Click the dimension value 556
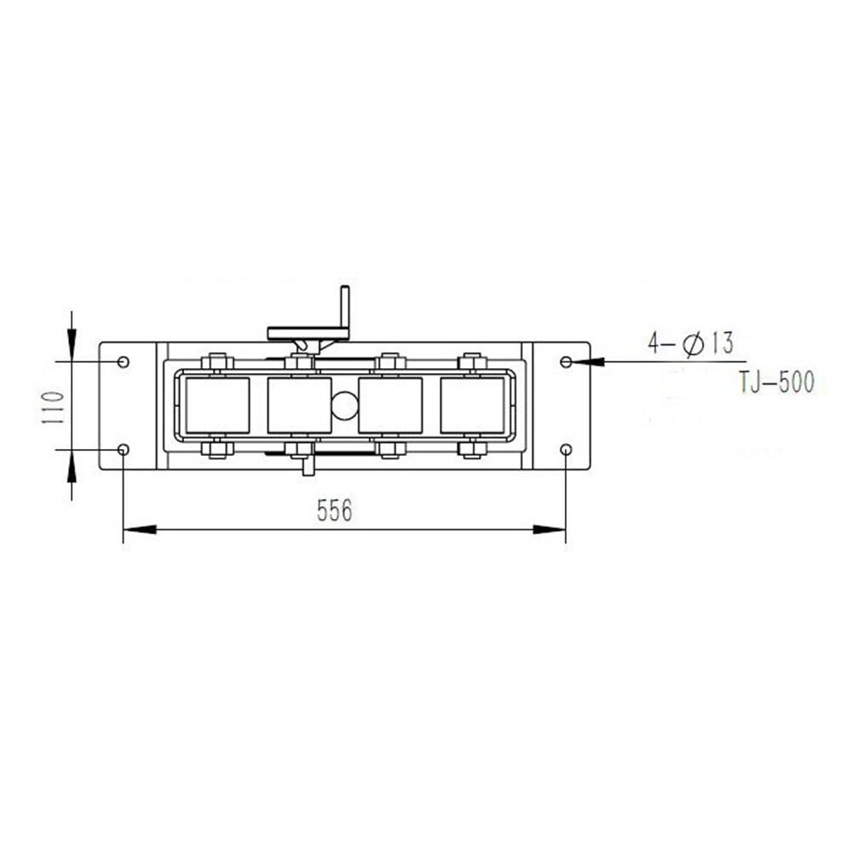click(x=334, y=510)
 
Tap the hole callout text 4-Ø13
click(x=690, y=344)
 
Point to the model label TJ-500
click(x=776, y=383)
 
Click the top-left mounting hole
click(x=124, y=362)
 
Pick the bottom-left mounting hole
click(x=124, y=449)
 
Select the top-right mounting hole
click(x=567, y=362)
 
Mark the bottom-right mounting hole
click(x=567, y=449)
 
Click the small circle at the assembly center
click(x=344, y=406)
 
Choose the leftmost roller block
click(x=217, y=406)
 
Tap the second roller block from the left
click(x=299, y=406)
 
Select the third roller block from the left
click(x=390, y=406)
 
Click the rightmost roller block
click(x=472, y=406)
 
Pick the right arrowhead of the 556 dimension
click(x=551, y=530)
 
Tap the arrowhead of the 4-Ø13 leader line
click(x=588, y=362)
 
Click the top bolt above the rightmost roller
click(x=472, y=362)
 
